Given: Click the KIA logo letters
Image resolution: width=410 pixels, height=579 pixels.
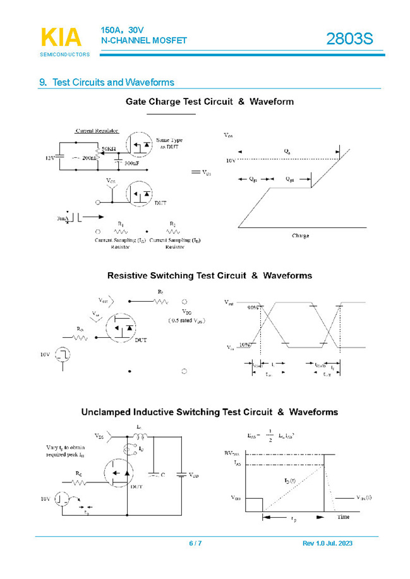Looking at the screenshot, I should pos(61,38).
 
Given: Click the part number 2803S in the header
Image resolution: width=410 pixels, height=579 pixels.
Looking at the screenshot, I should pos(349,39).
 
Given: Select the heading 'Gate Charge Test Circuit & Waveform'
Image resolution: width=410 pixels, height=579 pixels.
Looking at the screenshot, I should pos(209,102).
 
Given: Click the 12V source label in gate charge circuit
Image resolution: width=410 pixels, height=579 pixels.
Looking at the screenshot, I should pos(50,158).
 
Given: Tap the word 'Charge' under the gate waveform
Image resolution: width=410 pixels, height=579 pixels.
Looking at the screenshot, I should pos(300,236).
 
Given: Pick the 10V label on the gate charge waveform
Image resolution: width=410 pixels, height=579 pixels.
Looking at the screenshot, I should pos(231,161).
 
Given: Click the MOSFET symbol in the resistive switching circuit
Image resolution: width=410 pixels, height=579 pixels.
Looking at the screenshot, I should pos(121,328).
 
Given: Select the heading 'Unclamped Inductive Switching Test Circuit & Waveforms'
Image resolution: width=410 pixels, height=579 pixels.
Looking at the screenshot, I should pos(209,412).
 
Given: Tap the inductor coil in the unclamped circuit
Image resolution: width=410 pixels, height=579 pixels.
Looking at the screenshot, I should pos(140,437).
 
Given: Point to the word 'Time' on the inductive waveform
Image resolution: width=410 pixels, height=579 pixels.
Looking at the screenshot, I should pos(342,516).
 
